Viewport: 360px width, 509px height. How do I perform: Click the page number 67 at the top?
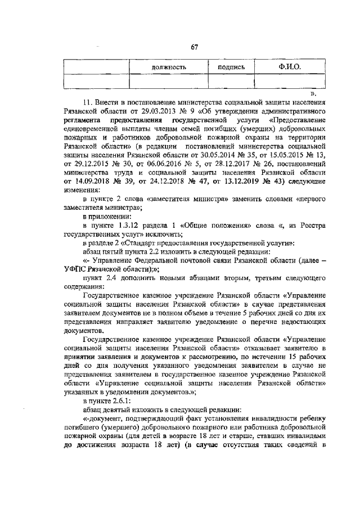[x=194, y=47]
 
